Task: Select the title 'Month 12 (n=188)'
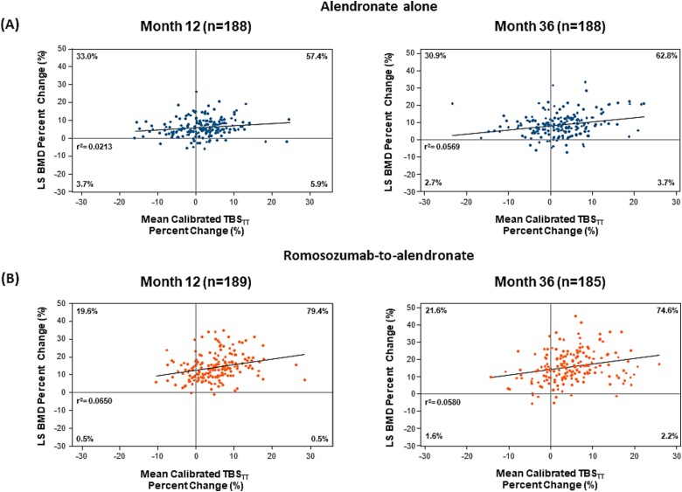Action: click(x=195, y=26)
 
